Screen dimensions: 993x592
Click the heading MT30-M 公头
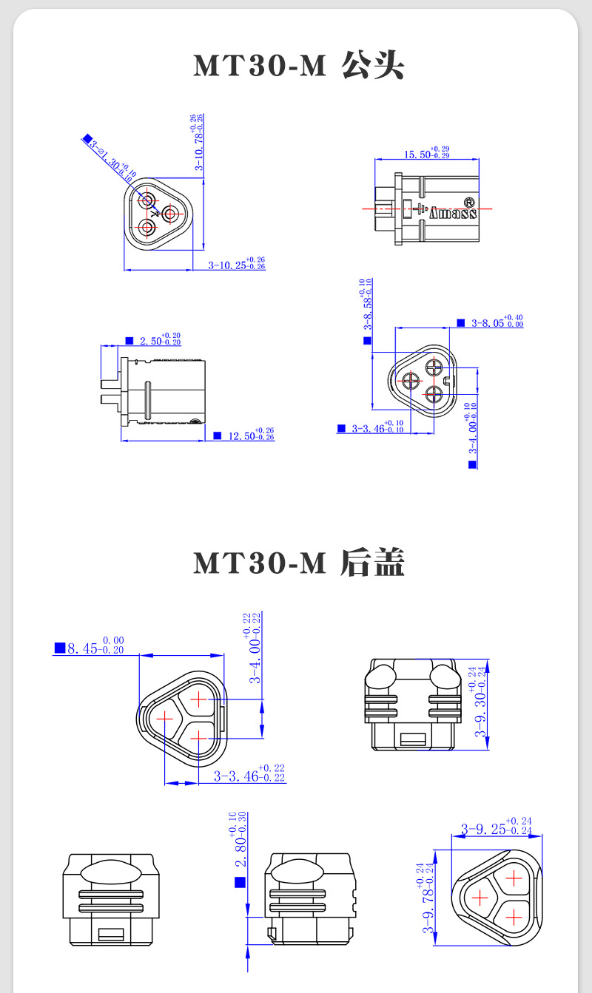(x=298, y=67)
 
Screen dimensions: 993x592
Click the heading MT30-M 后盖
(x=298, y=563)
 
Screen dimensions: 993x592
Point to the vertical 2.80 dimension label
(x=240, y=843)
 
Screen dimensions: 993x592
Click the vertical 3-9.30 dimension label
(x=480, y=707)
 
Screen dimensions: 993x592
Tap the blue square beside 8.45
(x=60, y=648)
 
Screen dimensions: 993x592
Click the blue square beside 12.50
(x=217, y=436)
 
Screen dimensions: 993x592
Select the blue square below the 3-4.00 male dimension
(x=472, y=464)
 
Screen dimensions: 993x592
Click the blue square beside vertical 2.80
(x=239, y=882)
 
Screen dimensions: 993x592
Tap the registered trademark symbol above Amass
(x=468, y=201)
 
